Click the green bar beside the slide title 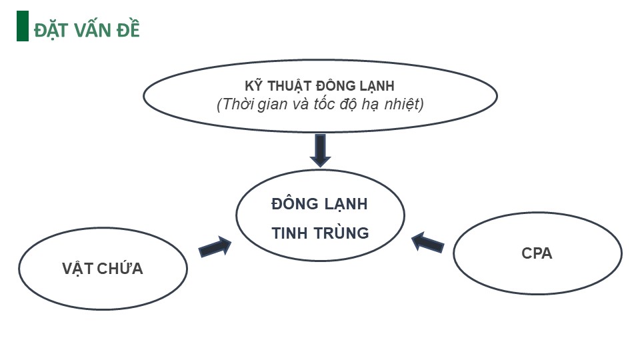tap(22, 27)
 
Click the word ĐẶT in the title tap(52, 30)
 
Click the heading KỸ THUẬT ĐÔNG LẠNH tap(320, 86)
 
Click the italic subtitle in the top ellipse tap(320, 105)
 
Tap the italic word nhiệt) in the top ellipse tap(402, 105)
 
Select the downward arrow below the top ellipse tap(320, 150)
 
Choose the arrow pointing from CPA tap(428, 242)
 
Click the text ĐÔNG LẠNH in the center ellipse tap(320, 204)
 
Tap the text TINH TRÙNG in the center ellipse tap(320, 233)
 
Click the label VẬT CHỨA tap(103, 269)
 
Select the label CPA tap(537, 254)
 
